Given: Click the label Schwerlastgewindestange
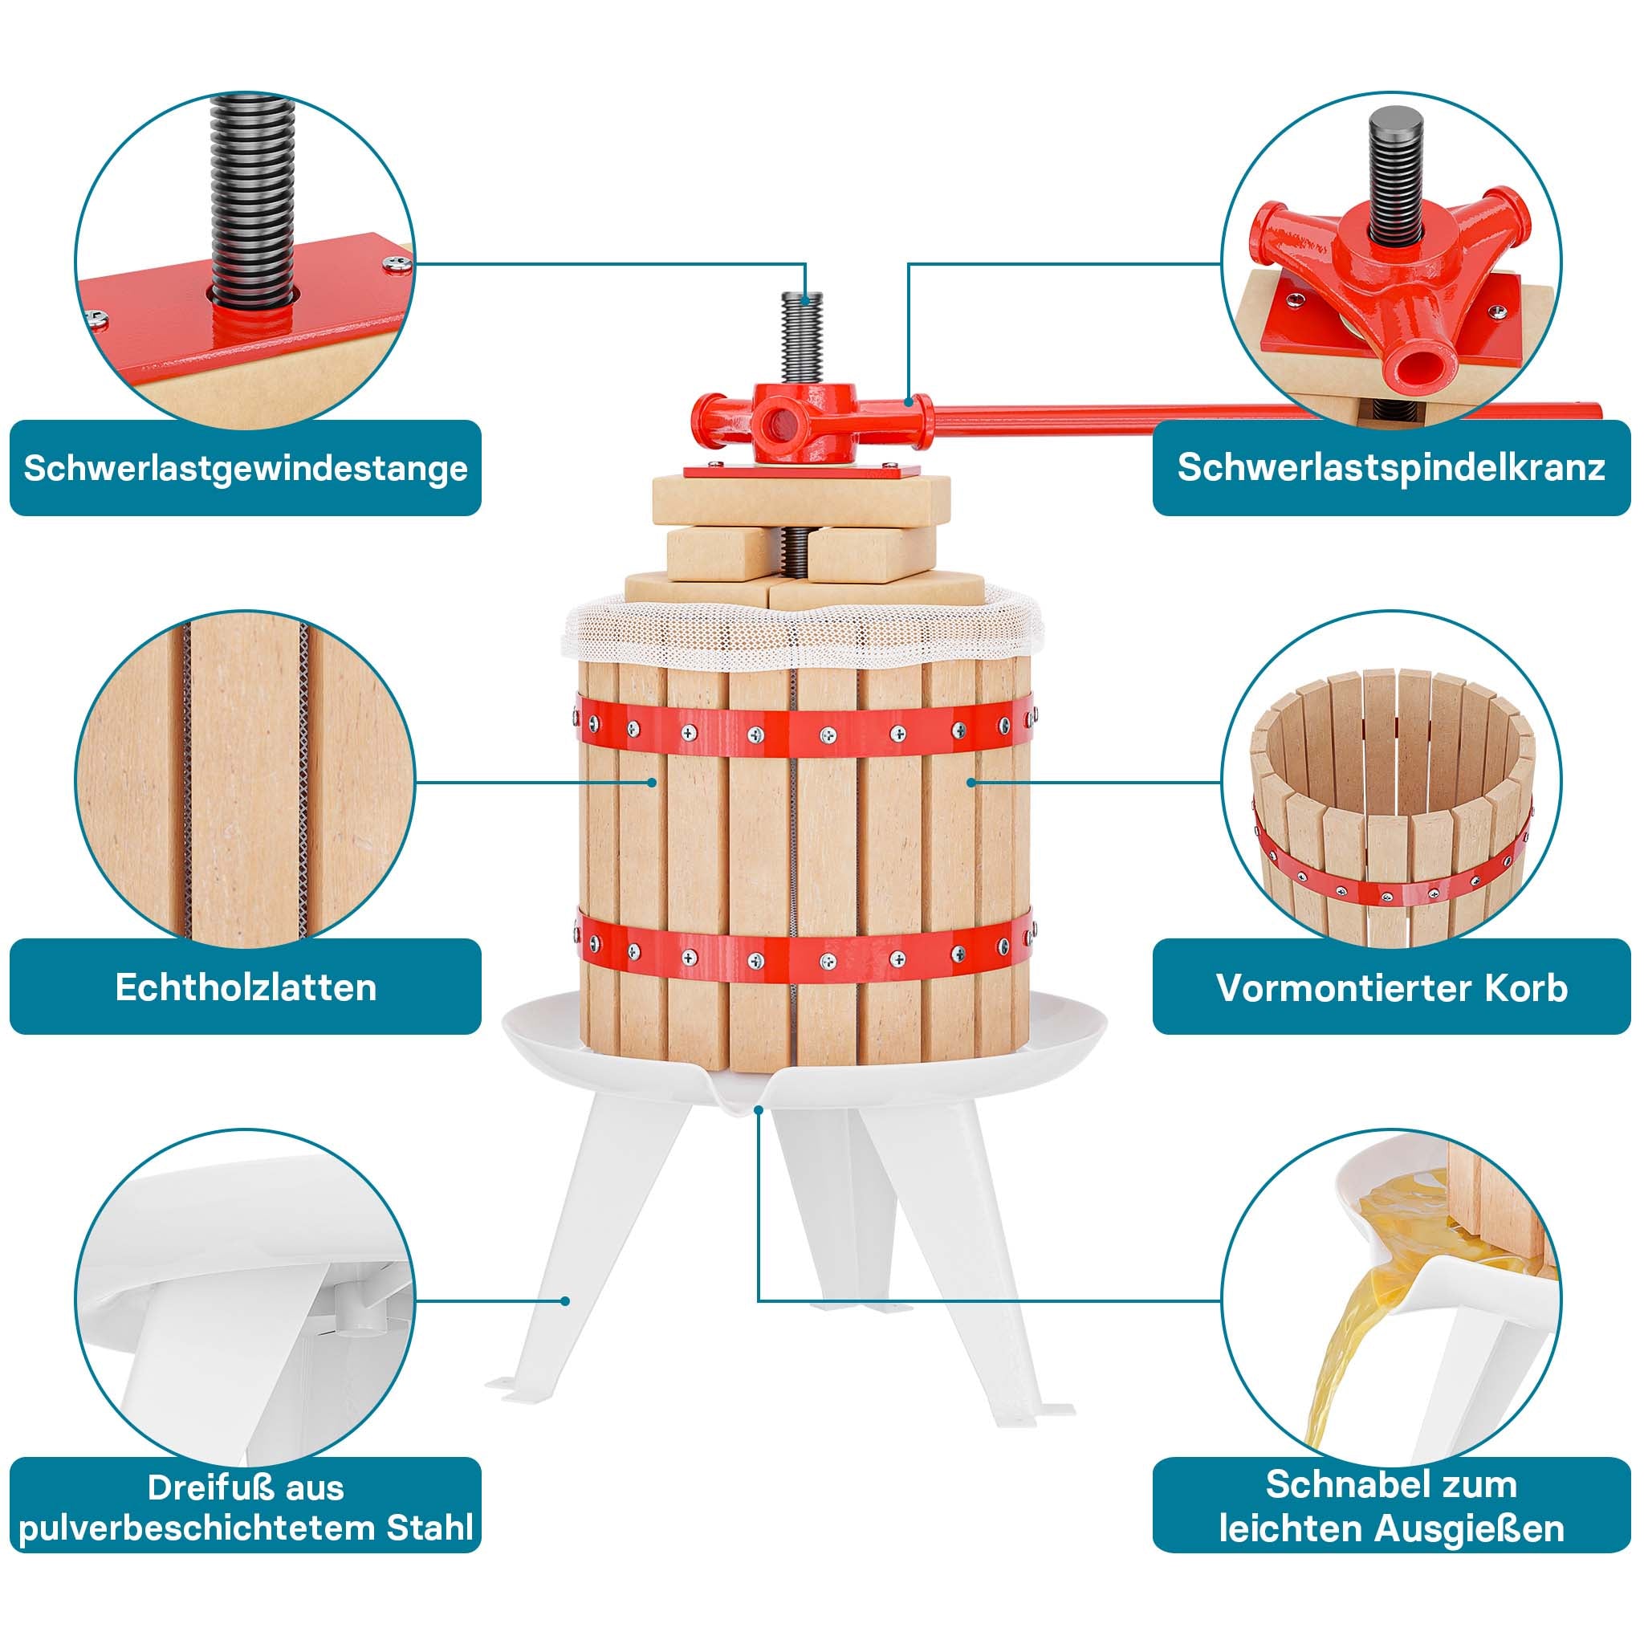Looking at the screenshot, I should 245,468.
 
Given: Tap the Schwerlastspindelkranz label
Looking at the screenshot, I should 1390,468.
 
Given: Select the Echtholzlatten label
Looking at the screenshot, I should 245,987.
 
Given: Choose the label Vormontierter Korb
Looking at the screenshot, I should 1390,987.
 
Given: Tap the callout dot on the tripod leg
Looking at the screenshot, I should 565,1324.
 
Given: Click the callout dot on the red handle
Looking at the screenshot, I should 909,401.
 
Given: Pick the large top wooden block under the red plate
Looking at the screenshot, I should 800,502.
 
